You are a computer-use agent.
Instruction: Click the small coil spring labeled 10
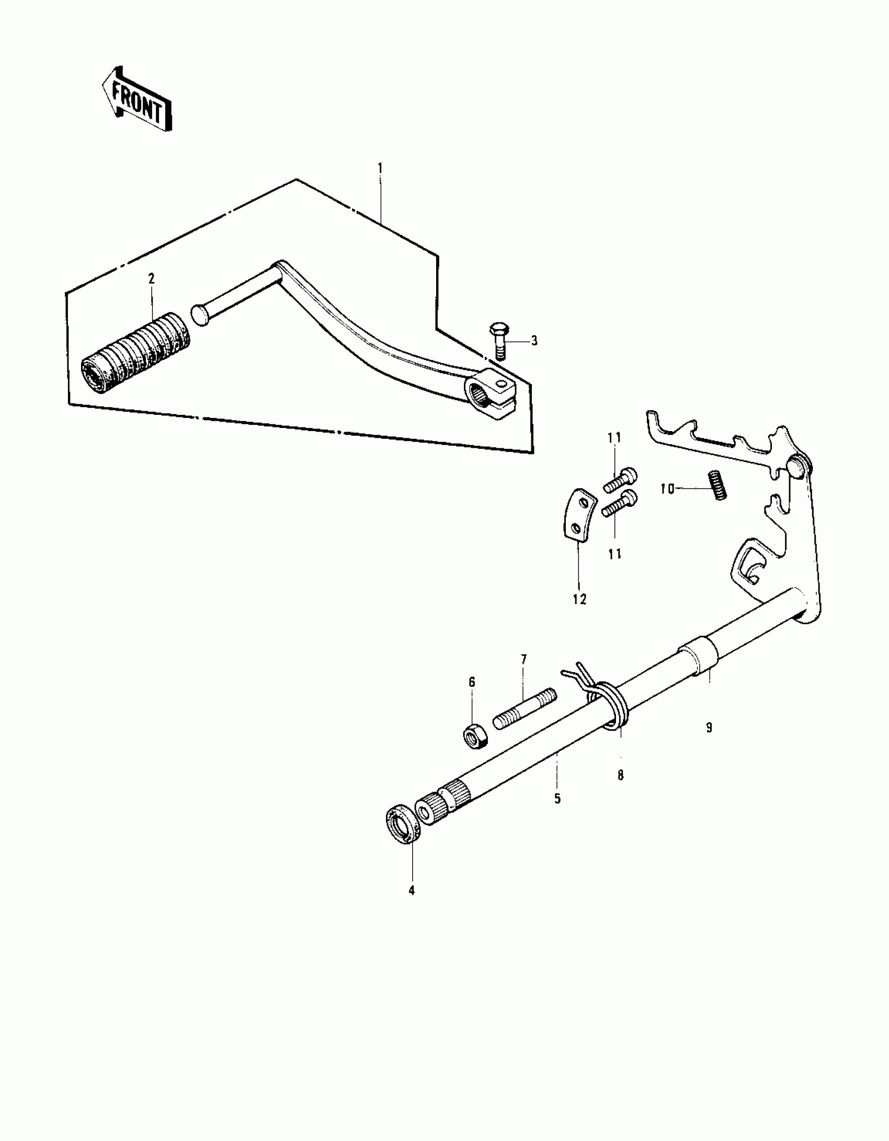718,485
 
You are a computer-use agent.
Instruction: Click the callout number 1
380,168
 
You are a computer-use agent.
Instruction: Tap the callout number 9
709,727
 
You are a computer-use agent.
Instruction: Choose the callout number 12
579,600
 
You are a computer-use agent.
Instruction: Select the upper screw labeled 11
620,479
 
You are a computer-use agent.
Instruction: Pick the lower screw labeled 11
619,503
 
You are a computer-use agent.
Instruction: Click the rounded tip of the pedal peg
200,315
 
